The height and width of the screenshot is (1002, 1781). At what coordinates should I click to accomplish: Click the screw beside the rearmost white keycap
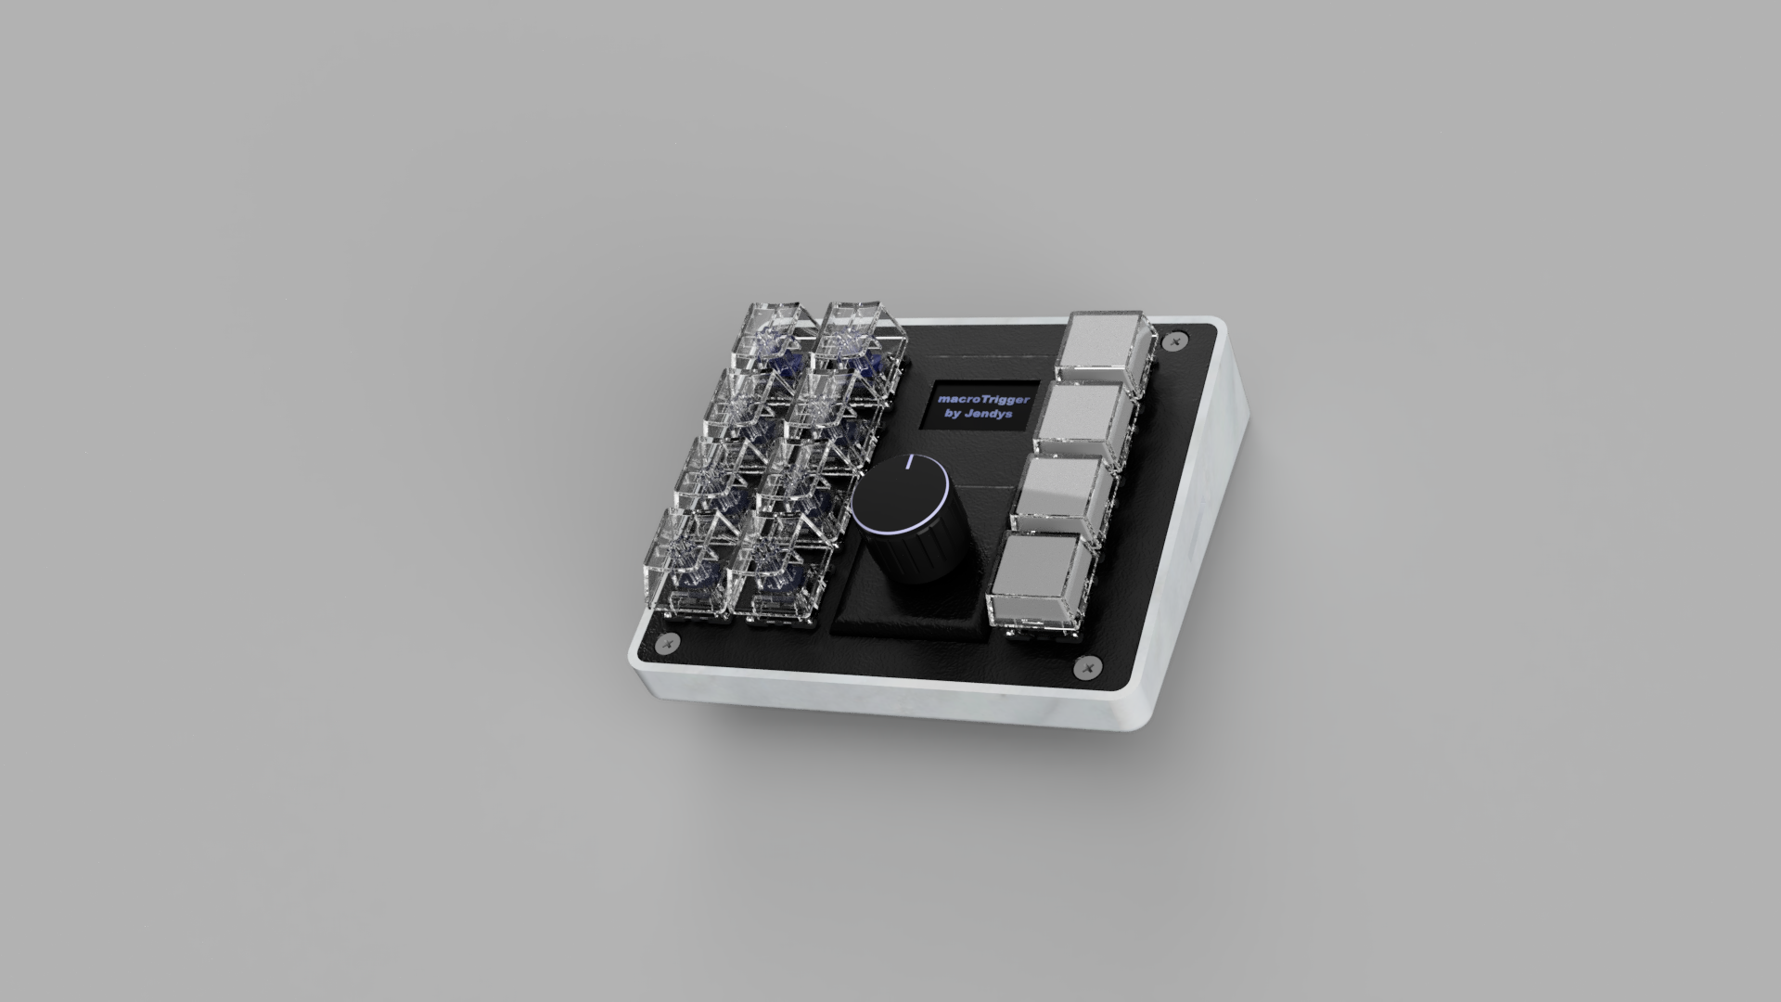[x=1177, y=340]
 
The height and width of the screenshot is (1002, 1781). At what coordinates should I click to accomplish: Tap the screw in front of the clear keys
[x=667, y=643]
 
